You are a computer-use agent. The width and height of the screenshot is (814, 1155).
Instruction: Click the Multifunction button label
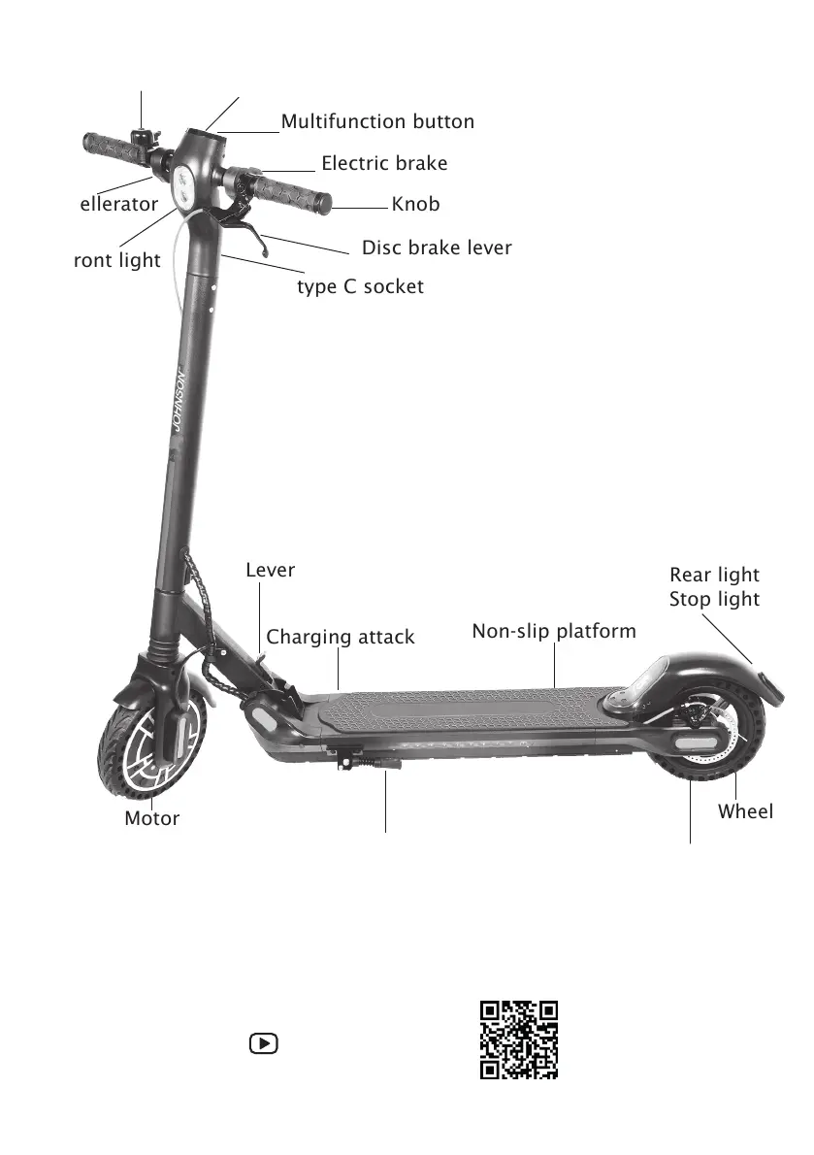[x=377, y=122]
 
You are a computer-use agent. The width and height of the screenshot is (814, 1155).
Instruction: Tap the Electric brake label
[x=384, y=163]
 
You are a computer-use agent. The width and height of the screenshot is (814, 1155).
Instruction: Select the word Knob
[x=415, y=204]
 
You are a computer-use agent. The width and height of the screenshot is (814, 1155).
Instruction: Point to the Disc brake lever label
[x=437, y=248]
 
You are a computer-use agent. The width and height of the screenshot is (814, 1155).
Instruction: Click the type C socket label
[x=360, y=287]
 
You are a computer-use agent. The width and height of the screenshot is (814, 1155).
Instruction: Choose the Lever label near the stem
[x=270, y=571]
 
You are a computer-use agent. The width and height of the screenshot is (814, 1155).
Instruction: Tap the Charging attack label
[x=340, y=638]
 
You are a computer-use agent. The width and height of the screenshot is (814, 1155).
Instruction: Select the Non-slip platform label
[x=554, y=632]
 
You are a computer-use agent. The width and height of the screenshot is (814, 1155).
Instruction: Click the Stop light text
[x=714, y=600]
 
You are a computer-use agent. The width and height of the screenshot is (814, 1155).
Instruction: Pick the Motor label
[x=152, y=818]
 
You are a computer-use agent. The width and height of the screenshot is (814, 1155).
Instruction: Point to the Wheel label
[x=745, y=811]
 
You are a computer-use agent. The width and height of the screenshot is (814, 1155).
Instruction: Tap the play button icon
[x=263, y=1044]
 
